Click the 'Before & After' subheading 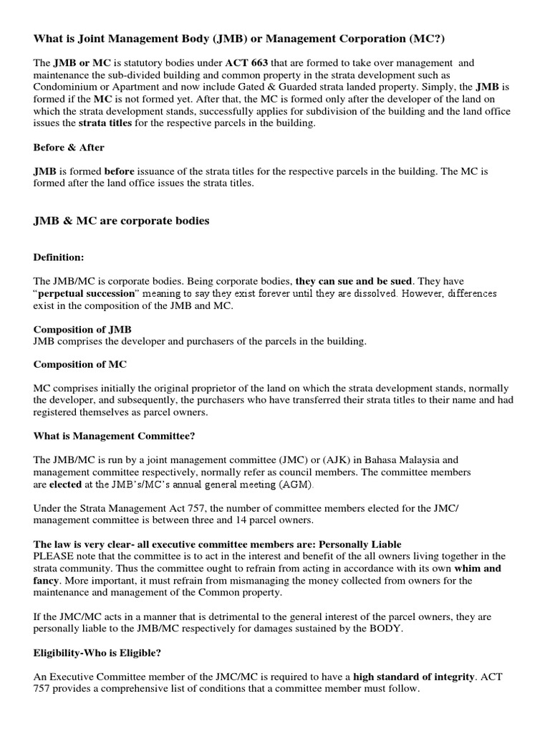pos(69,148)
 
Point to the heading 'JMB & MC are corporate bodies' pos(122,221)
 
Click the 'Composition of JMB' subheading pos(82,329)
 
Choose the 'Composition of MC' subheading pos(80,364)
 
